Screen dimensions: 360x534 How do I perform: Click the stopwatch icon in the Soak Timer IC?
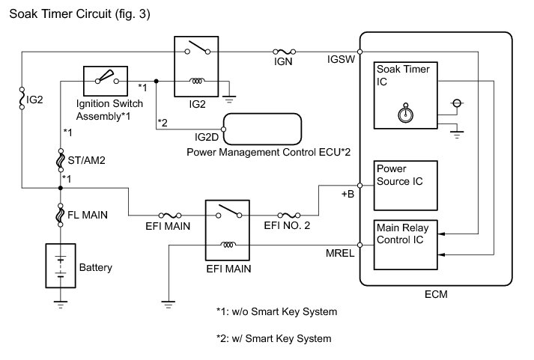point(405,117)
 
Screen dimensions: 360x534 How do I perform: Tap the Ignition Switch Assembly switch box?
point(105,79)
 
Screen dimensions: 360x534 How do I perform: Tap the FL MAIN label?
point(88,215)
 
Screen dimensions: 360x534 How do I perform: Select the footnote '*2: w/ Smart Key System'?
point(273,338)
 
